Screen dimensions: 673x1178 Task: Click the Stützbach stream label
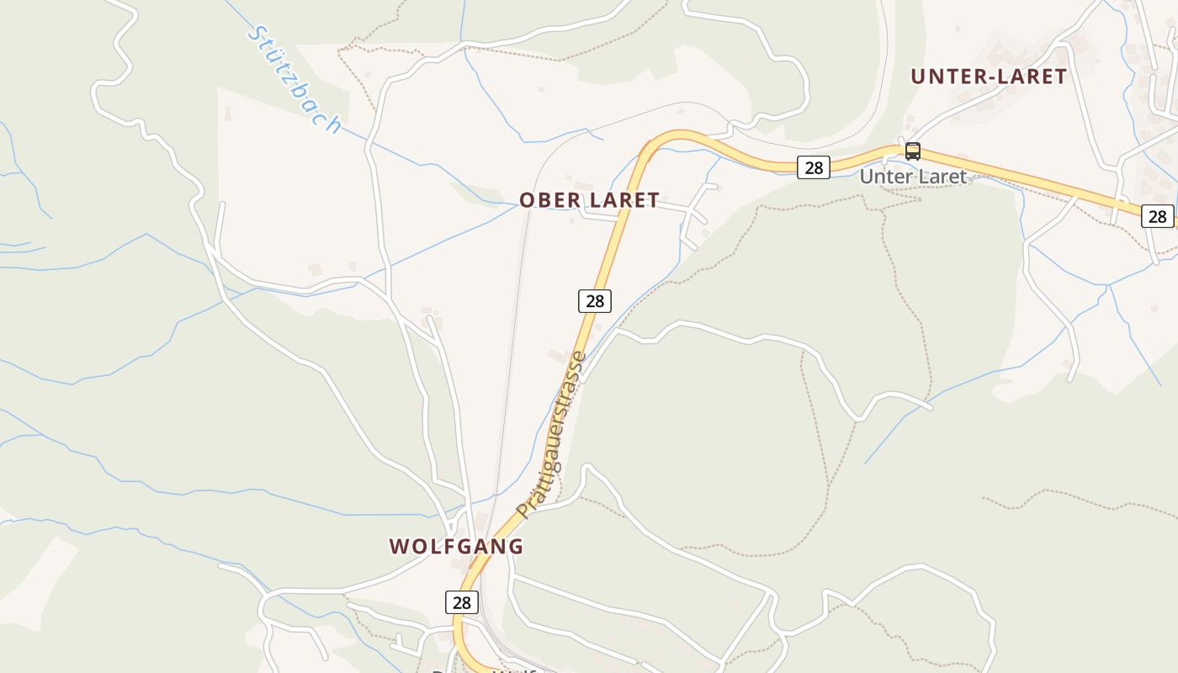[x=294, y=81]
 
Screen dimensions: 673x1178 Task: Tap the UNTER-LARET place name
[x=989, y=77]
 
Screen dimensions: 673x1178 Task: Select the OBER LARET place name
[x=589, y=200]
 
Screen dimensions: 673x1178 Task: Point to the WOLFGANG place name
[x=456, y=546]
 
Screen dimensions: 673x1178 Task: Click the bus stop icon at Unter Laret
[x=913, y=151]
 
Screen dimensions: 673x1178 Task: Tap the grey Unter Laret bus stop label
[x=913, y=178]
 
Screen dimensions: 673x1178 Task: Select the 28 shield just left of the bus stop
[x=814, y=167]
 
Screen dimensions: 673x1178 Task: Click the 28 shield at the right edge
[x=1158, y=216]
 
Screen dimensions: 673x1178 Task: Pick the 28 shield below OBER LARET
[x=595, y=300]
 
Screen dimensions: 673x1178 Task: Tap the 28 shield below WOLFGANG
[x=462, y=601]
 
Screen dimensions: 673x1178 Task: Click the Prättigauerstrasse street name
[x=551, y=435]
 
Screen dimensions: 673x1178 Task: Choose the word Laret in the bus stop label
[x=941, y=178]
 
